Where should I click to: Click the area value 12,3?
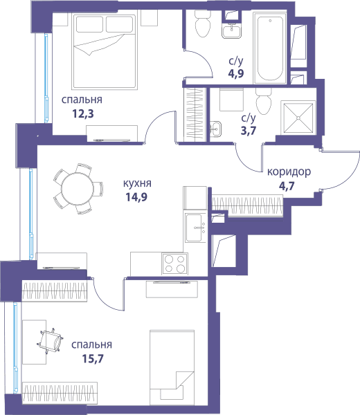(x=83, y=114)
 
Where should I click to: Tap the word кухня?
(x=137, y=183)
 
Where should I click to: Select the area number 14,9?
(x=136, y=197)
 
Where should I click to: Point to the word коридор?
(x=289, y=172)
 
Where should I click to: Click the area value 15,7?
(x=93, y=359)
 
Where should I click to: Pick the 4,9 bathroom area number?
(x=236, y=73)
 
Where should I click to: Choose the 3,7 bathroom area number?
(x=249, y=131)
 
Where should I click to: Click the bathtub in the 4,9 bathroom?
(x=270, y=48)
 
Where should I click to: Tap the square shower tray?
(x=298, y=118)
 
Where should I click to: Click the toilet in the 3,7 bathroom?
(x=264, y=102)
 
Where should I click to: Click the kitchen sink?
(x=196, y=228)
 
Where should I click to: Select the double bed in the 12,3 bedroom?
(x=105, y=51)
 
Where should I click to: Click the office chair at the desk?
(x=51, y=340)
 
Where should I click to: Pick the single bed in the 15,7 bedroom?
(x=172, y=367)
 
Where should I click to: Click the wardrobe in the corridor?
(x=247, y=205)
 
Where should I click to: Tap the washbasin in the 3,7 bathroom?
(x=215, y=129)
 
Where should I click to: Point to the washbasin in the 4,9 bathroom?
(x=231, y=31)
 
